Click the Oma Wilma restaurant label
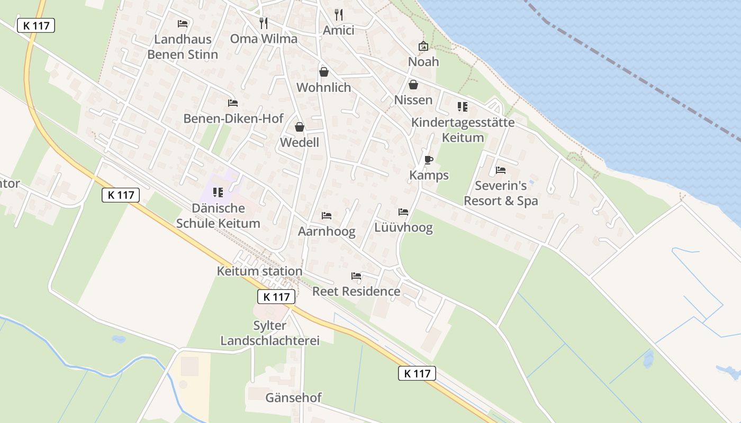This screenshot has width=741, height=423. [x=264, y=39]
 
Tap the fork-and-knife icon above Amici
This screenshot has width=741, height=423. [x=339, y=14]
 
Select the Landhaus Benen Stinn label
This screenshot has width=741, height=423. [x=183, y=47]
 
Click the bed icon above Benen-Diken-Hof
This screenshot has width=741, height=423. [x=233, y=103]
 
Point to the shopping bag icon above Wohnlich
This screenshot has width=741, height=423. [x=324, y=72]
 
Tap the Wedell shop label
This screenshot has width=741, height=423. [x=300, y=142]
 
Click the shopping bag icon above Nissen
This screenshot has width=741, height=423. [x=413, y=85]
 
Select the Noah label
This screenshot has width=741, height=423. [x=423, y=61]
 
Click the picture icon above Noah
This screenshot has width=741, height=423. [x=423, y=47]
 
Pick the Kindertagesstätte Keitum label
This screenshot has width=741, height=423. [x=463, y=130]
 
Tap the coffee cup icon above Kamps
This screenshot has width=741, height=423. [x=429, y=160]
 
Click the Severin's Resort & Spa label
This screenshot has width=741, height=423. [x=501, y=193]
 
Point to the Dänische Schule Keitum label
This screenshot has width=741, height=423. [x=218, y=216]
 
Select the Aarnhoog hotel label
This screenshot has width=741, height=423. [x=327, y=231]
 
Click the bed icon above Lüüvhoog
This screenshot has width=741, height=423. [x=403, y=212]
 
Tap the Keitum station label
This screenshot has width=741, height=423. [x=259, y=271]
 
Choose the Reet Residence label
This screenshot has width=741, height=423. [x=356, y=291]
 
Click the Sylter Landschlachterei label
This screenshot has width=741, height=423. [x=270, y=333]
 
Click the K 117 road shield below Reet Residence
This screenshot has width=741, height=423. [x=276, y=297]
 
